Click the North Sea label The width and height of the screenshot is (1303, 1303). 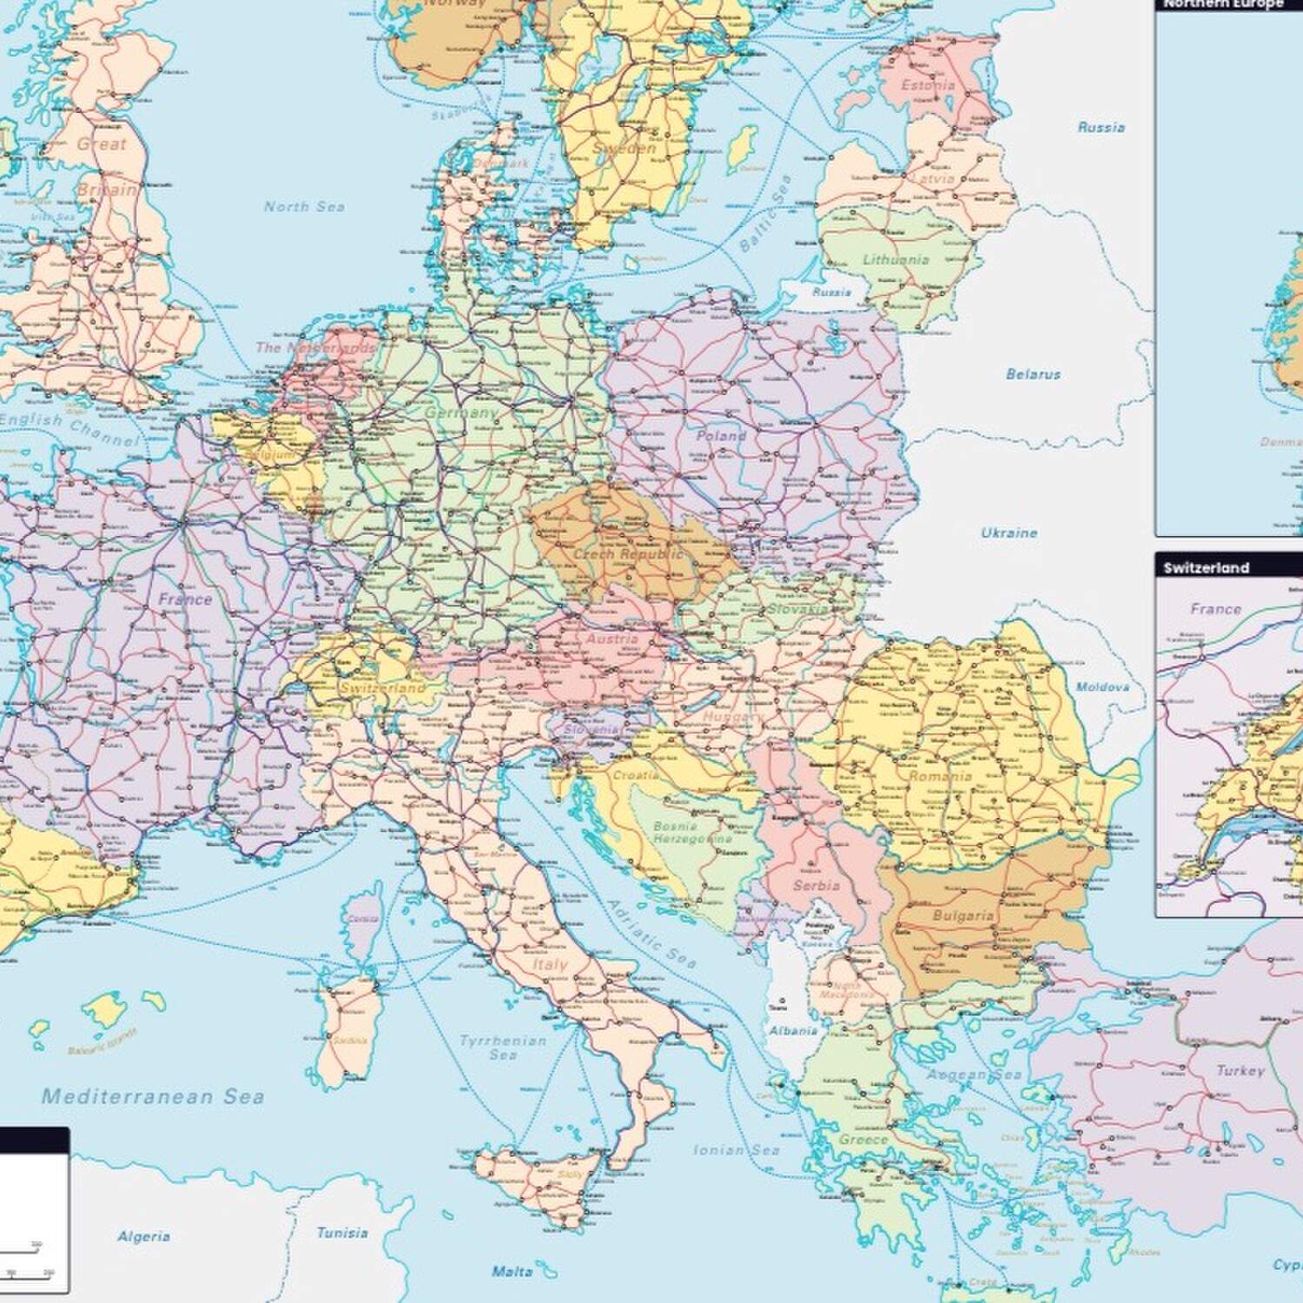[x=304, y=207]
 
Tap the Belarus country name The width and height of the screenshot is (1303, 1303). [x=1033, y=374]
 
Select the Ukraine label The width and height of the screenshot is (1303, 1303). [x=1009, y=532]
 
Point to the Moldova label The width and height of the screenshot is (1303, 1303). [x=1102, y=686]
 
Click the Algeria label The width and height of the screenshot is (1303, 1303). [x=143, y=1236]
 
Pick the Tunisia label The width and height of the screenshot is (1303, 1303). [x=341, y=1233]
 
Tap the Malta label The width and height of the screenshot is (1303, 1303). [x=512, y=1272]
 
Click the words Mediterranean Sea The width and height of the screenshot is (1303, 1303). [x=153, y=1096]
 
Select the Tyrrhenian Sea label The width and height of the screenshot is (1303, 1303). [x=503, y=1048]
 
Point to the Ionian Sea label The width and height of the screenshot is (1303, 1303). [x=737, y=1150]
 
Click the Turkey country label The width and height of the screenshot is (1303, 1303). [x=1240, y=1070]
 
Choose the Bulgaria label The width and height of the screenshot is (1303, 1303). [x=962, y=916]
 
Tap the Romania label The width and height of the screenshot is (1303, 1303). [x=940, y=776]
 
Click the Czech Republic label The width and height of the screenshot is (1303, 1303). [x=627, y=553]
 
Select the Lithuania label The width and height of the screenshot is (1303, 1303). [x=896, y=259]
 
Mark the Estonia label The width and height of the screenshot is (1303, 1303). [x=928, y=85]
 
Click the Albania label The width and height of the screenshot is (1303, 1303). [x=793, y=1030]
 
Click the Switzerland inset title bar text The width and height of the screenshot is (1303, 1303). [x=1206, y=568]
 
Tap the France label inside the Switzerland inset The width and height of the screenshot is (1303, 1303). [x=1215, y=609]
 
